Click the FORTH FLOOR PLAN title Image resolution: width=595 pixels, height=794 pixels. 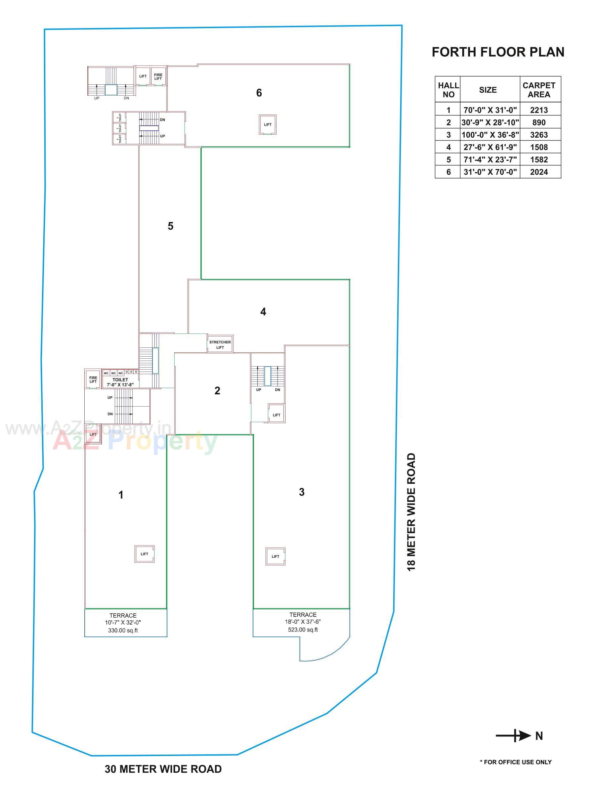497,52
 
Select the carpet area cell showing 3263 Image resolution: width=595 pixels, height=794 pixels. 538,135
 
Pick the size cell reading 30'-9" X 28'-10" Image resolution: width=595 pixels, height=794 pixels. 489,122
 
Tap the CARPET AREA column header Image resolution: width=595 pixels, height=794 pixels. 538,90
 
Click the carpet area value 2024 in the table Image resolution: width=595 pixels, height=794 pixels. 538,172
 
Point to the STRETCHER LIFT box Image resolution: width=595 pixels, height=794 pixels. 220,344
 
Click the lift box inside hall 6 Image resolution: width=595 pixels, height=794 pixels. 267,124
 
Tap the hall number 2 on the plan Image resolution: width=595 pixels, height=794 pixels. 217,390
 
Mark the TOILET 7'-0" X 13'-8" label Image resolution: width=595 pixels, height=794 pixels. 120,382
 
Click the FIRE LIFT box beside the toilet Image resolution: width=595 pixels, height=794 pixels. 93,379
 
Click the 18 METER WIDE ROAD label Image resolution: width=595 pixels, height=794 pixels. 411,511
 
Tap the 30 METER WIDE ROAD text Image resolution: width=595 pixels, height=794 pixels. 163,769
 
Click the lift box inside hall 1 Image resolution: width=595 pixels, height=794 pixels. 144,554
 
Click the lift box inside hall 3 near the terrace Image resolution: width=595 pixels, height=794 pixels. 275,556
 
